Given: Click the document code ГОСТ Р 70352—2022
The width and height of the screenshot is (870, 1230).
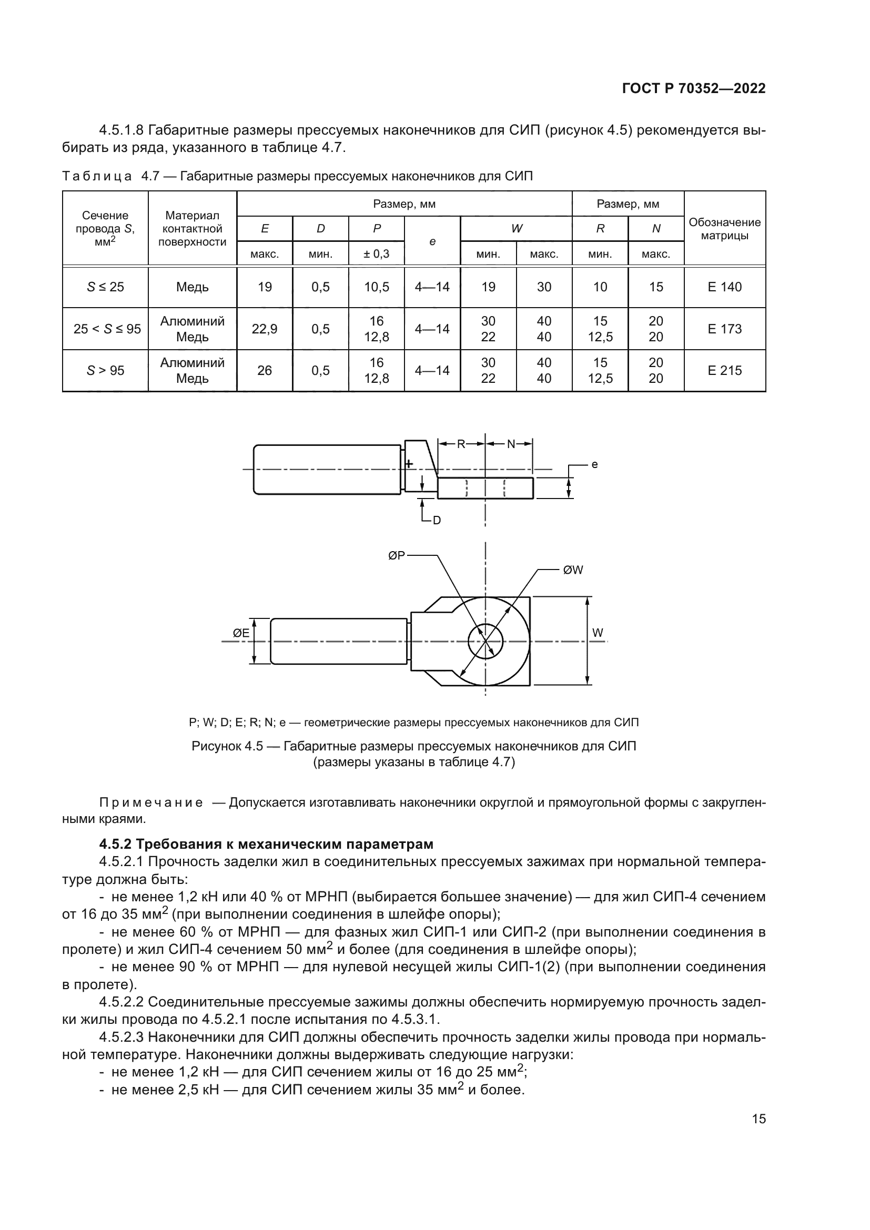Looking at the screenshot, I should [694, 89].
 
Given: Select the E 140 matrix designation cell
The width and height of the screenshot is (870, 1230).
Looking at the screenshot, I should [724, 287].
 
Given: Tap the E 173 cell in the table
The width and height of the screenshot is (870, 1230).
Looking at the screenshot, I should [724, 329].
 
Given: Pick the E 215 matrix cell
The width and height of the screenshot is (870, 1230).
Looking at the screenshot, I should [724, 371].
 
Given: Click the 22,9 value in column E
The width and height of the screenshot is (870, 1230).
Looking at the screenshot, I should [265, 329].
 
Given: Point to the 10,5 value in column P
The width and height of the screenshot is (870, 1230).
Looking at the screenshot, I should [377, 287].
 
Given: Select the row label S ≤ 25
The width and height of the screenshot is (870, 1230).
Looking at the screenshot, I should [106, 287].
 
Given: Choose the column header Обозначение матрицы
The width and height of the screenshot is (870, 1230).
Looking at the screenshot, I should [724, 229].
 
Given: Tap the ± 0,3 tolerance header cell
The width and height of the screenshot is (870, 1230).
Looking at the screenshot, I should [377, 254].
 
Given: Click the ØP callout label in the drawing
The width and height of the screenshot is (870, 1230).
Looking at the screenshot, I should [397, 556].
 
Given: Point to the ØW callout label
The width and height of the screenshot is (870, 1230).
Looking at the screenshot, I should [573, 570].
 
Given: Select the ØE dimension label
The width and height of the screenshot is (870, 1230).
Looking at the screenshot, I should [241, 633].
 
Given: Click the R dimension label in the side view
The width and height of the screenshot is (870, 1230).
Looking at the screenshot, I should [461, 444].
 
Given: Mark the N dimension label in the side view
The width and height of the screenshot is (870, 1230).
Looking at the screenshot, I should [511, 444].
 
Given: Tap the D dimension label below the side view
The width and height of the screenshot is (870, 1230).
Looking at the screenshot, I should [437, 520].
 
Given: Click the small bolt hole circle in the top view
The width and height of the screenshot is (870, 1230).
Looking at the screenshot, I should [485, 641].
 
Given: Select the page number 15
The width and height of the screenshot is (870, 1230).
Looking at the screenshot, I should [758, 1119].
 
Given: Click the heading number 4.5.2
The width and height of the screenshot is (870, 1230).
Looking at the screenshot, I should [115, 845].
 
